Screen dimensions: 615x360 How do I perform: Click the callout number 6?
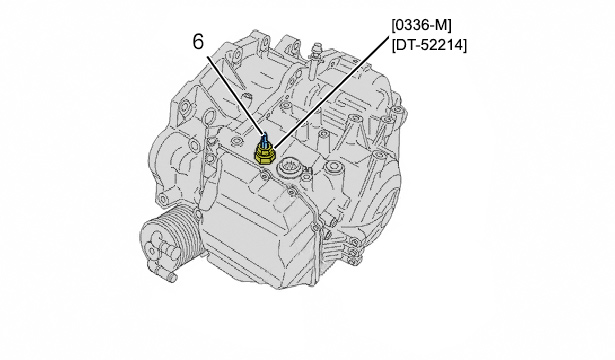click(198, 42)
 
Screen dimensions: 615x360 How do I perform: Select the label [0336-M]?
click(422, 26)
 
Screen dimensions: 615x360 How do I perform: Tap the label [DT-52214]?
click(429, 45)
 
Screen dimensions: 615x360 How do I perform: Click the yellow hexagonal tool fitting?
click(266, 153)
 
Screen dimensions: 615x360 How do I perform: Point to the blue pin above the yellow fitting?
click(265, 138)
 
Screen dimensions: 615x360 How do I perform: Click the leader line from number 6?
click(235, 95)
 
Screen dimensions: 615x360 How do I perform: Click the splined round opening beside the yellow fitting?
click(288, 170)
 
